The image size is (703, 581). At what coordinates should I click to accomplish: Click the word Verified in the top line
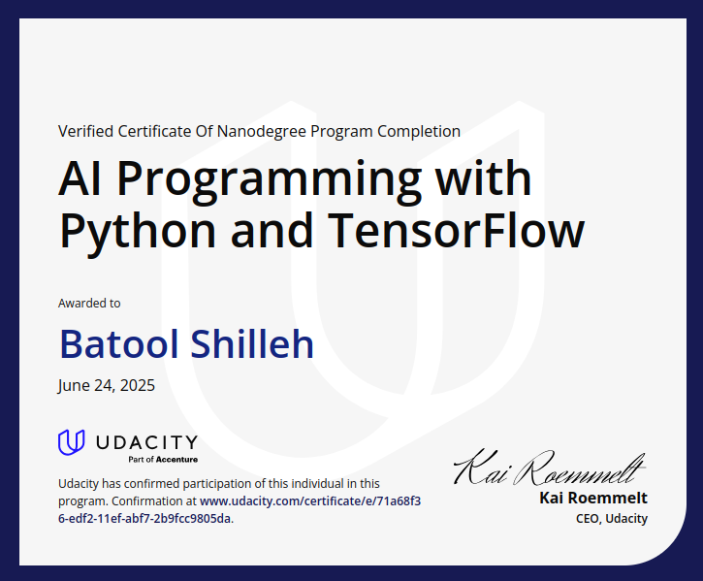(84, 131)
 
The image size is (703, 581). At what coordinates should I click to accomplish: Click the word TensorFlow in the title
(457, 231)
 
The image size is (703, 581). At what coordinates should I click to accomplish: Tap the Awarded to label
(89, 304)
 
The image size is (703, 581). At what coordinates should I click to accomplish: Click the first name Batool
(117, 343)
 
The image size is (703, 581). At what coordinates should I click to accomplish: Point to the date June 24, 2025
(106, 385)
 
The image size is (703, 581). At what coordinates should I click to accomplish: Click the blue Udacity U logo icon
(72, 442)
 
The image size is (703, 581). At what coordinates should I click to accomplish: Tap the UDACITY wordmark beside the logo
(145, 442)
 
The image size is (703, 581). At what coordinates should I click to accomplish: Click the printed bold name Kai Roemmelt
(593, 499)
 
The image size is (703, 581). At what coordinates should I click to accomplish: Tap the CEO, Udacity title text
(612, 518)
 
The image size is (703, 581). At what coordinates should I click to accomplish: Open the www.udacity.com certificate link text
(310, 501)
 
